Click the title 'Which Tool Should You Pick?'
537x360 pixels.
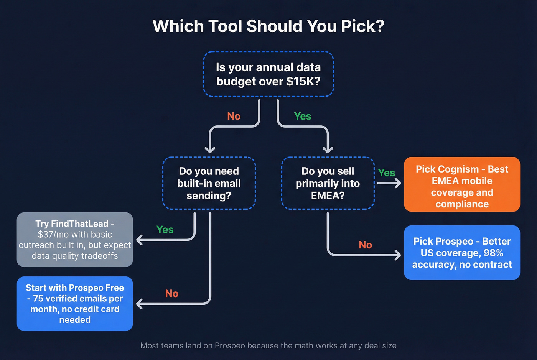(x=268, y=26)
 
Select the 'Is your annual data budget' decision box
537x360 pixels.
(x=268, y=74)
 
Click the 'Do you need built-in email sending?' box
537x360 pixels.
(x=209, y=183)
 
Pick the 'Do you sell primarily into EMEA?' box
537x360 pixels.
(x=328, y=183)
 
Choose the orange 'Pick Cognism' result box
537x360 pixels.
(x=462, y=184)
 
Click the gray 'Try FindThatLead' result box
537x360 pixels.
(x=75, y=240)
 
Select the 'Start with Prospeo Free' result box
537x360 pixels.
(x=75, y=304)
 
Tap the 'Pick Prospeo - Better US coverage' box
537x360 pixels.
(x=462, y=253)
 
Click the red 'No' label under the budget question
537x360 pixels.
(x=234, y=116)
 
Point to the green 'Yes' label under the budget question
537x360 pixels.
(x=303, y=116)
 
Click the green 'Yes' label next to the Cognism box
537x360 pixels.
(x=386, y=173)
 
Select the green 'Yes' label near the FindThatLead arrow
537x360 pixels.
(x=165, y=230)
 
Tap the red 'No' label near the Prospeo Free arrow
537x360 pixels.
(x=172, y=294)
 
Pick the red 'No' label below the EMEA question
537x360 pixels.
(x=365, y=245)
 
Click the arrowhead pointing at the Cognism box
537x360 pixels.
(x=397, y=183)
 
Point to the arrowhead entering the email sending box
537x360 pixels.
(x=210, y=150)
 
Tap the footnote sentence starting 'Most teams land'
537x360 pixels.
(x=268, y=345)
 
